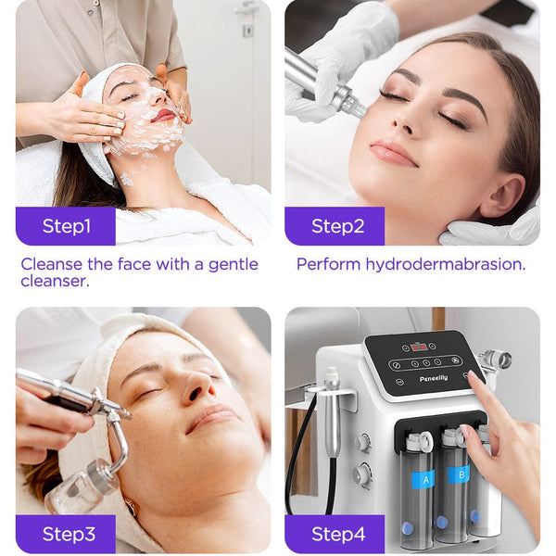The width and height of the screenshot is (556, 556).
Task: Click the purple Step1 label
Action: (66, 226)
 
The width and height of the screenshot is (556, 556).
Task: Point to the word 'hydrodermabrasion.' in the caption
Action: (445, 264)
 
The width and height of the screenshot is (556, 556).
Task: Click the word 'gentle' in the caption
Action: (232, 264)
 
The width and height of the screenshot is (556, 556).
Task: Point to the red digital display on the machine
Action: (419, 347)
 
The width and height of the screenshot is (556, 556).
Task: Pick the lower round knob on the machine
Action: (361, 475)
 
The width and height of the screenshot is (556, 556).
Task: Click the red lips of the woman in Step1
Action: (165, 116)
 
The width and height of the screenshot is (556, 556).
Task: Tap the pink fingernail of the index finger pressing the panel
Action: (474, 379)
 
